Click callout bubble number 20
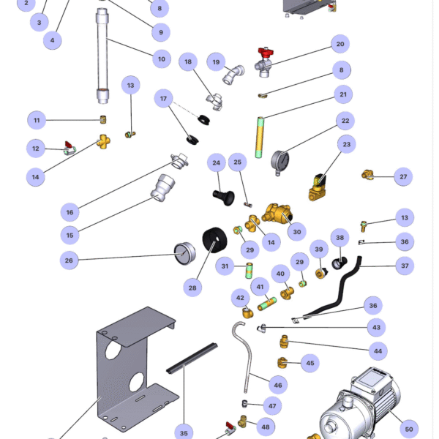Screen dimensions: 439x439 pyautogui.click(x=339, y=45)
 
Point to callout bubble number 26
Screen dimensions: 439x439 pyautogui.click(x=70, y=259)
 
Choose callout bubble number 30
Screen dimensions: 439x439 pyautogui.click(x=296, y=231)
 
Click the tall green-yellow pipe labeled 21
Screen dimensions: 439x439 pyautogui.click(x=258, y=138)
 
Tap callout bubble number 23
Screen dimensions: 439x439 pyautogui.click(x=347, y=144)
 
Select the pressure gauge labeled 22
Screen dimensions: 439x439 pyautogui.click(x=279, y=160)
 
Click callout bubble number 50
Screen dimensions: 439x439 pyautogui.click(x=409, y=429)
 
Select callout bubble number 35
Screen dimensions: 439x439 pyautogui.click(x=184, y=433)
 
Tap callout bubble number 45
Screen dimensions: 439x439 pyautogui.click(x=309, y=363)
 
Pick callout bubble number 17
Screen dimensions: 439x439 pyautogui.click(x=165, y=99)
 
